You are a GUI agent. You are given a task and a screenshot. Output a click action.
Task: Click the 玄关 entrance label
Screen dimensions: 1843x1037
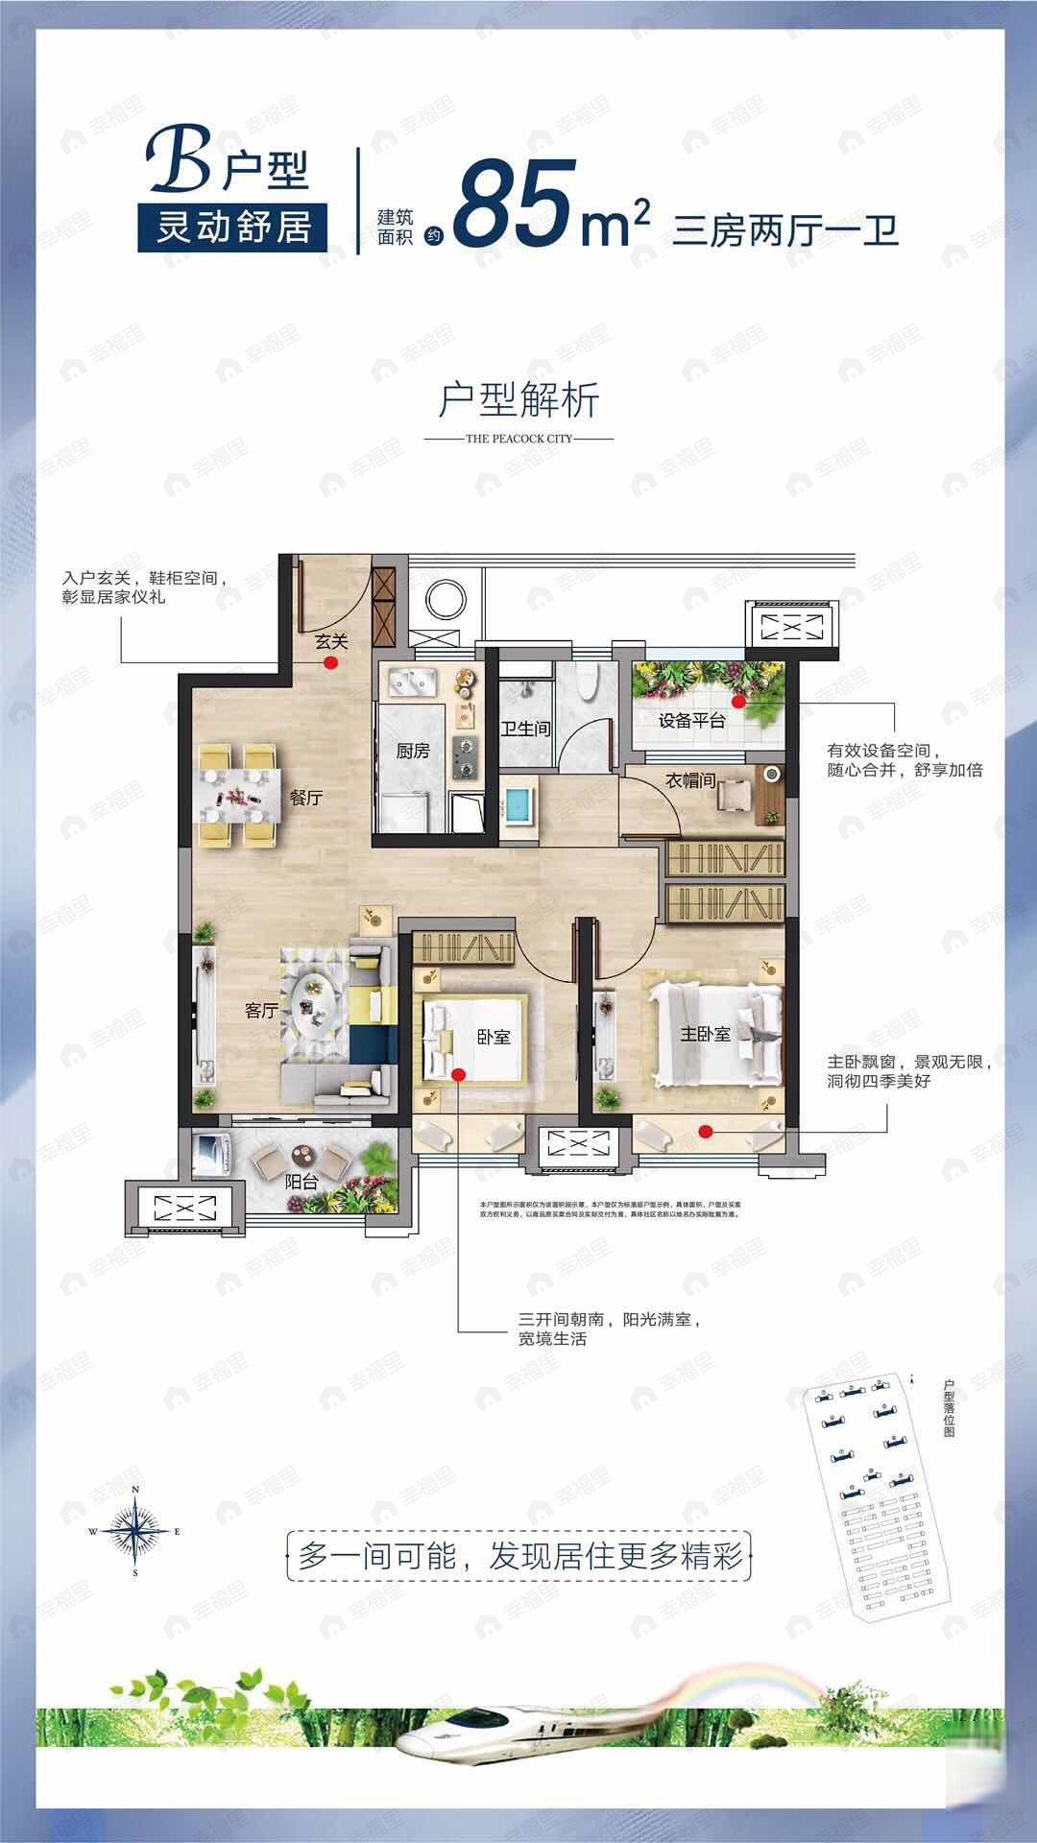coord(330,645)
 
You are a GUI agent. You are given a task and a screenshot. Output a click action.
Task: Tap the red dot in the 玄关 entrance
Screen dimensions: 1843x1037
coord(330,662)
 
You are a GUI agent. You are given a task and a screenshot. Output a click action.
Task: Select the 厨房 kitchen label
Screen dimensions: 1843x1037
coord(413,751)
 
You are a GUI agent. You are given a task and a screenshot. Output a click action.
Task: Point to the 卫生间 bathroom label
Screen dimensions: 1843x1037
coord(525,729)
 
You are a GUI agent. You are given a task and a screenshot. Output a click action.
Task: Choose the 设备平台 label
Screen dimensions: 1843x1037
coord(691,721)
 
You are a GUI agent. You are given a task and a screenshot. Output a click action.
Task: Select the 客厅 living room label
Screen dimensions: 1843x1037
coord(261,1010)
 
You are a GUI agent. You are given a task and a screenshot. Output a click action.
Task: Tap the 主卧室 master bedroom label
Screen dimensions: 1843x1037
coord(706,1034)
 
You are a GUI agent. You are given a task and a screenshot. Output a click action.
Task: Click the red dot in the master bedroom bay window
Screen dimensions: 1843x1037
coord(707,1131)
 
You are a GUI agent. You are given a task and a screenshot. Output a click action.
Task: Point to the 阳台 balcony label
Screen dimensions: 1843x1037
coord(301,1182)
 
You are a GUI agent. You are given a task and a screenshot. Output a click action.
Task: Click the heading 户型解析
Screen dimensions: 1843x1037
coord(518,399)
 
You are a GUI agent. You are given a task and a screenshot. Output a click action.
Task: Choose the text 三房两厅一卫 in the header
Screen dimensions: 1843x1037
coord(785,231)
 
